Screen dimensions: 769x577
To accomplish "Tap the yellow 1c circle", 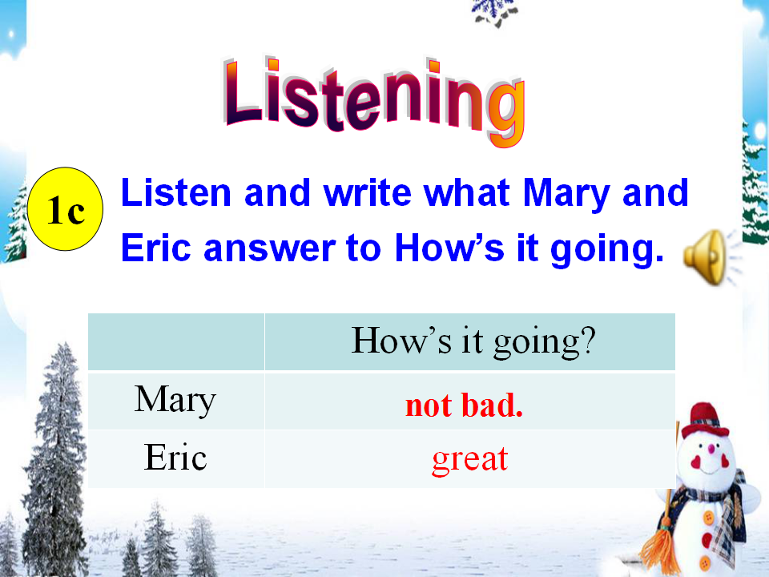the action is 65,209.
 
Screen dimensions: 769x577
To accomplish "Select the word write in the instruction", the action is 368,193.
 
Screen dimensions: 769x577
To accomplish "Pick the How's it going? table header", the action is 473,341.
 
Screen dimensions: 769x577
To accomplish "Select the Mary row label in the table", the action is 175,400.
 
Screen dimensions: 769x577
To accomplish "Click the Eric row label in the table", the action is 175,457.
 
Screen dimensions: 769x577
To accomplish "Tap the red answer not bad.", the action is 464,406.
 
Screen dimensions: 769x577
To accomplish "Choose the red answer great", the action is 470,460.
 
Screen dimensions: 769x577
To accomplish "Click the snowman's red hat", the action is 705,421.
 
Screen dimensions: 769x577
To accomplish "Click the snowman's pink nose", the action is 711,449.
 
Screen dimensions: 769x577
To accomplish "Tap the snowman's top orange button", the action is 708,517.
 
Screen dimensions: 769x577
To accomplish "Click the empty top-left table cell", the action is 176,341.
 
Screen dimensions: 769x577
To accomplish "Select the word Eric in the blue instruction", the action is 155,248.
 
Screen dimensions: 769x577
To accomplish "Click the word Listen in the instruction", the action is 175,193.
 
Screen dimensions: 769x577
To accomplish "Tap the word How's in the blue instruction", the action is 449,248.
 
